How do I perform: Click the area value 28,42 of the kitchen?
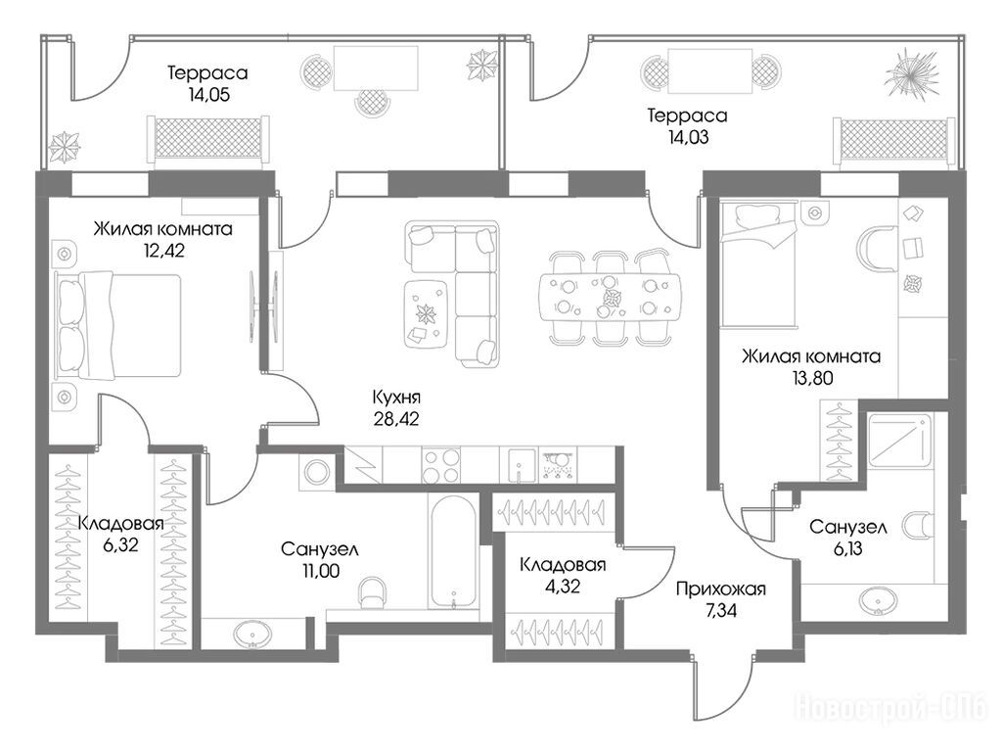[396, 419]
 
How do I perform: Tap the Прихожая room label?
[721, 588]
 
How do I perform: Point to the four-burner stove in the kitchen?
[441, 465]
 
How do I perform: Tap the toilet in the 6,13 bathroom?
[917, 526]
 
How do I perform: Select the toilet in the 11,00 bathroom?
[373, 592]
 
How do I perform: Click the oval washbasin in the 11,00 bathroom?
[253, 634]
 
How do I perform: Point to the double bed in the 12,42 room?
[118, 325]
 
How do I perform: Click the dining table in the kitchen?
[611, 298]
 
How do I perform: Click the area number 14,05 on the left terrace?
[209, 95]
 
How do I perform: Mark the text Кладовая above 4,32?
[563, 565]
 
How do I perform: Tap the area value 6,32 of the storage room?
[120, 544]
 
